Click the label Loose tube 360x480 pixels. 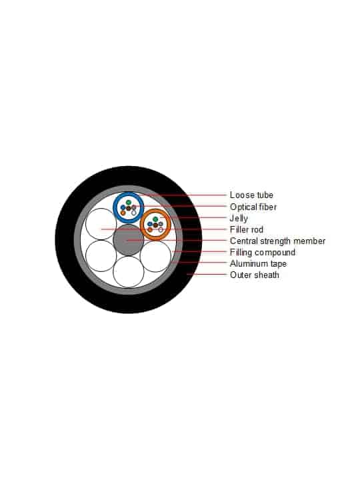coord(251,195)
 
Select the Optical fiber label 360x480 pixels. coord(253,207)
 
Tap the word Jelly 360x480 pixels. coord(239,219)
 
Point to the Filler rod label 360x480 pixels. coord(247,229)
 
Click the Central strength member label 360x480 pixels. coord(277,241)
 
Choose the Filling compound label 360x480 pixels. coord(263,253)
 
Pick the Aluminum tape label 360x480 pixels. coord(258,263)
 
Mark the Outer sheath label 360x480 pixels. coord(255,275)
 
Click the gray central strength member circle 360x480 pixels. coord(128,240)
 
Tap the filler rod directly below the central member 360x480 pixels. coord(128,272)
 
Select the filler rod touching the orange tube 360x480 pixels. coord(155,257)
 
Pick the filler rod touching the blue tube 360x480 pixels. coord(101,224)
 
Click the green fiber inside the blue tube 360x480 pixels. coord(129,203)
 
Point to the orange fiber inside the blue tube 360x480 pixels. coord(123,213)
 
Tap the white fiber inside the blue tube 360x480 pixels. coord(134,213)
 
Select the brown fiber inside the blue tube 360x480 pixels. coord(129,208)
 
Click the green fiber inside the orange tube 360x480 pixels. coord(155,219)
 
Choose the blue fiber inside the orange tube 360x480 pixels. coord(150,224)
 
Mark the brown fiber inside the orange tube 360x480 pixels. coord(155,225)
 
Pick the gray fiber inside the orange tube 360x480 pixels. coord(161,224)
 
